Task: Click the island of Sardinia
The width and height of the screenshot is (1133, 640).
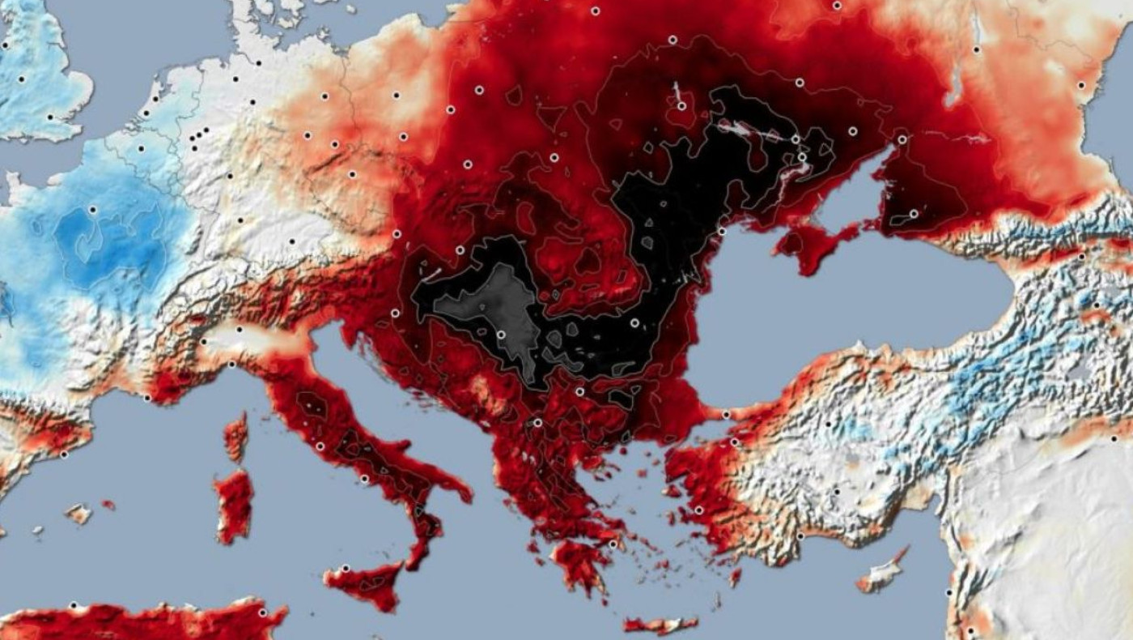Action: pyautogui.click(x=234, y=506)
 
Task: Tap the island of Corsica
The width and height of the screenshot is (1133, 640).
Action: pyautogui.click(x=236, y=437)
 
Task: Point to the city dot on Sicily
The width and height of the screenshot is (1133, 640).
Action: pyautogui.click(x=346, y=568)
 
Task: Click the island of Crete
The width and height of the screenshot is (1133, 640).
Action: pyautogui.click(x=660, y=625)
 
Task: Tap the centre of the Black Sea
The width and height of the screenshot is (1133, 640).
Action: pyautogui.click(x=834, y=308)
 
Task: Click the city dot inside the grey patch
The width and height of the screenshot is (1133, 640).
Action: pyautogui.click(x=501, y=335)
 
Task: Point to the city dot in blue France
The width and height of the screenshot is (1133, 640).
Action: pyautogui.click(x=92, y=210)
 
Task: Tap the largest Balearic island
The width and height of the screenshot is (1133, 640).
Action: pyautogui.click(x=79, y=513)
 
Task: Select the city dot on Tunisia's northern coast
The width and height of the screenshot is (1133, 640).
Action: pyautogui.click(x=262, y=612)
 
